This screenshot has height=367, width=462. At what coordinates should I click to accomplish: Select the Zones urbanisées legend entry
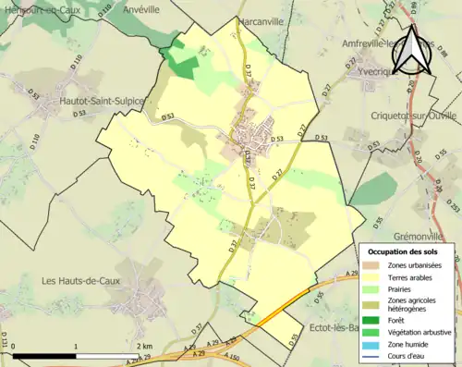[x=414, y=265]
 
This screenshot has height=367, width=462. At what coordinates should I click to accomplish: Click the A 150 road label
[x=232, y=357]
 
